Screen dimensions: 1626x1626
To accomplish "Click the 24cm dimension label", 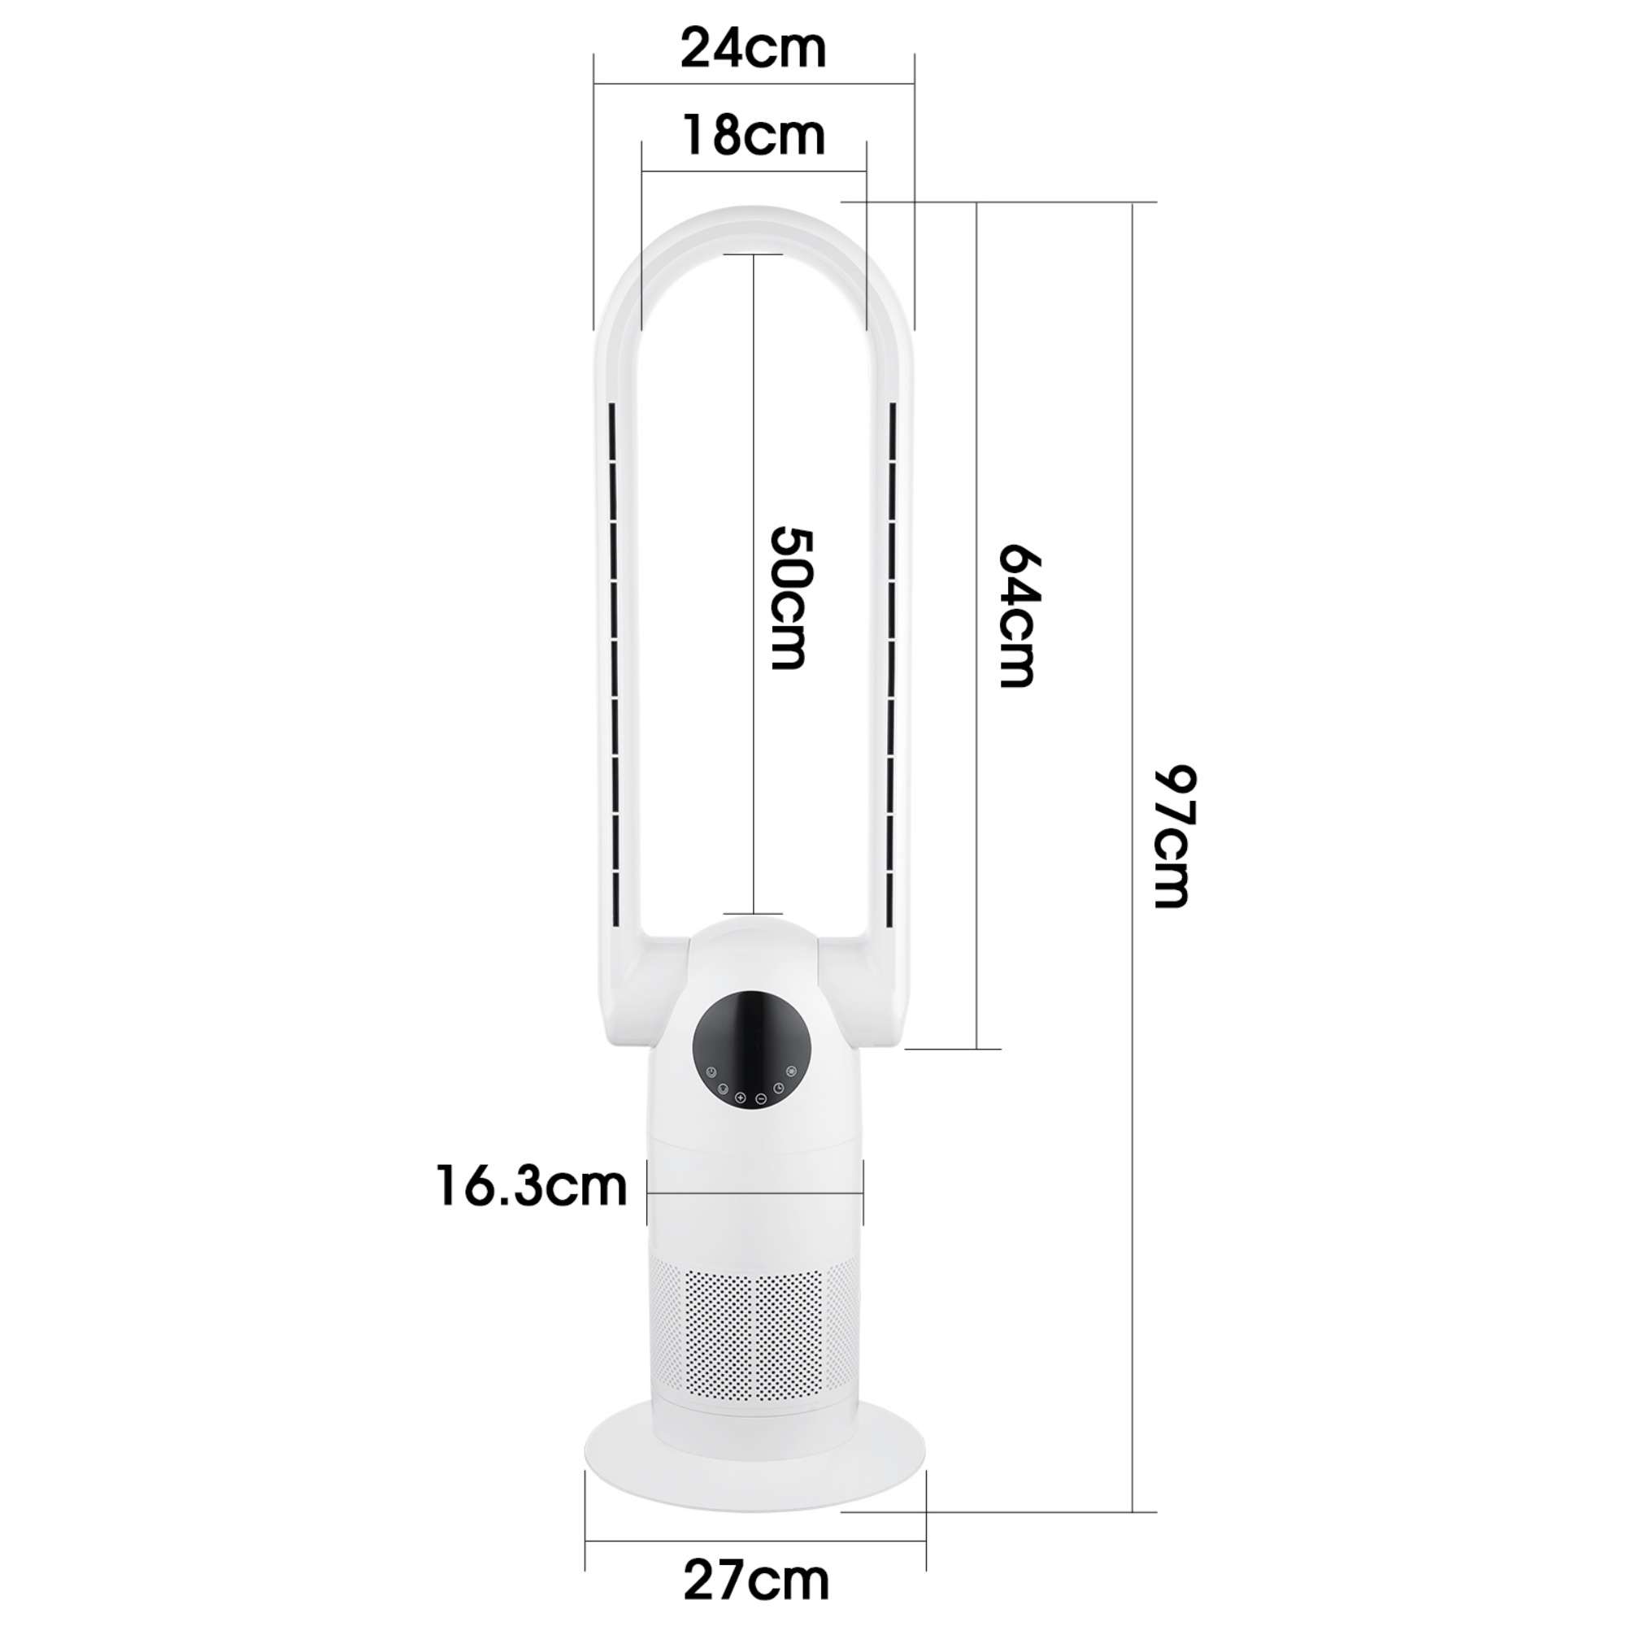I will coord(754,50).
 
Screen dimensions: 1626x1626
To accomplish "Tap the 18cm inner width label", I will coord(754,137).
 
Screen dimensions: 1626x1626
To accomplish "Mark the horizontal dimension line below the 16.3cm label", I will coord(755,1193).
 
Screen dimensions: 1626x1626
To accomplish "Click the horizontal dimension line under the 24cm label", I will coord(754,83).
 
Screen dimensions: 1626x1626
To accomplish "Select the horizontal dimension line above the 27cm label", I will coord(755,1541).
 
